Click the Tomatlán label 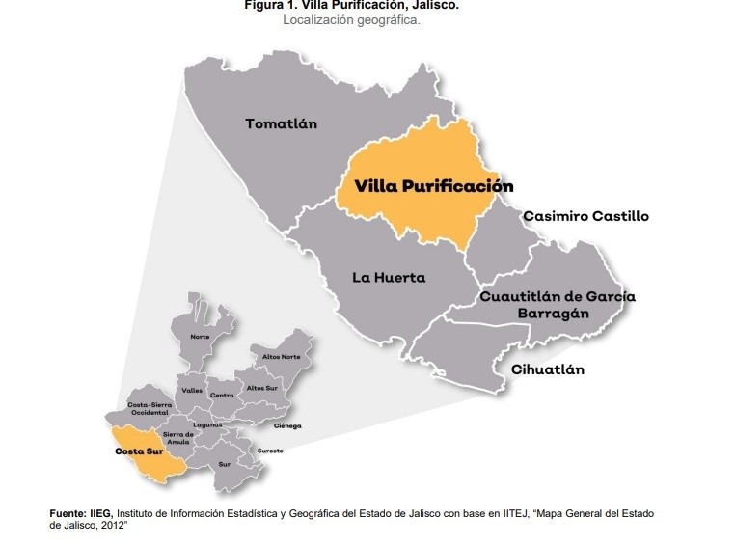(x=281, y=123)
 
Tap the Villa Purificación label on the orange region (x=433, y=186)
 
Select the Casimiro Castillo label (x=585, y=216)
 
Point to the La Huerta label (x=388, y=278)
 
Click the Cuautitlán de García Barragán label (x=558, y=305)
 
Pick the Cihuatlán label (x=547, y=369)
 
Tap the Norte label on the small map (x=200, y=337)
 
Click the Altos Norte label (x=281, y=357)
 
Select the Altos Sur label (x=261, y=388)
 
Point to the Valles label (x=191, y=390)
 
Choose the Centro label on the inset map (x=222, y=396)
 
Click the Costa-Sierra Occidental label (x=150, y=408)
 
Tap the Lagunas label (x=207, y=424)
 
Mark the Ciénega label (x=287, y=425)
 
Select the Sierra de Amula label (x=178, y=438)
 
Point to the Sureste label (x=269, y=451)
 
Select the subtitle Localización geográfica (x=351, y=19)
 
